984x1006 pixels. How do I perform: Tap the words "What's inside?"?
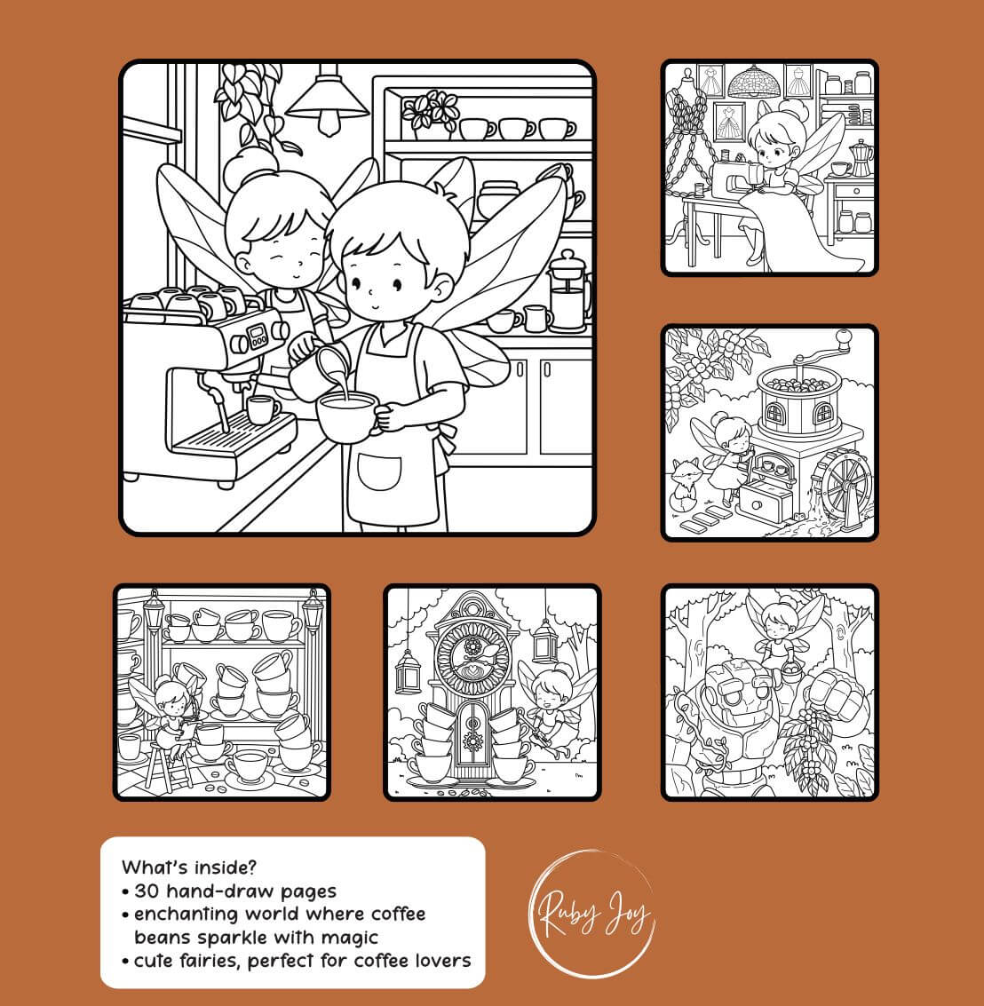[x=188, y=867]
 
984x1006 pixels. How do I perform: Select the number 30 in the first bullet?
[x=147, y=891]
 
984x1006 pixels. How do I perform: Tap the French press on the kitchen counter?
[x=568, y=292]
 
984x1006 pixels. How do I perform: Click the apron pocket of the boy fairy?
[x=378, y=472]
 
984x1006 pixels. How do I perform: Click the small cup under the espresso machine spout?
[x=262, y=409]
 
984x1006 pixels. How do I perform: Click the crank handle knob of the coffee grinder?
[x=844, y=337]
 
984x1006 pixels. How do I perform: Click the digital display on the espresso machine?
[x=258, y=335]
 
